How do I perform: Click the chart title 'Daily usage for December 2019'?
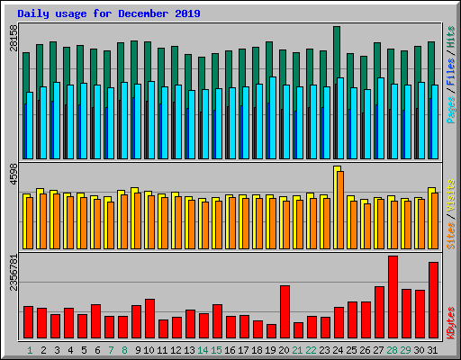pos(109,14)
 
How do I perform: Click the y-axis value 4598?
pos(14,174)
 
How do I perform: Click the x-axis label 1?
pos(30,349)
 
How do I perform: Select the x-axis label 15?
pos(216,349)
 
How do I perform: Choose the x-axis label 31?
pos(433,349)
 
